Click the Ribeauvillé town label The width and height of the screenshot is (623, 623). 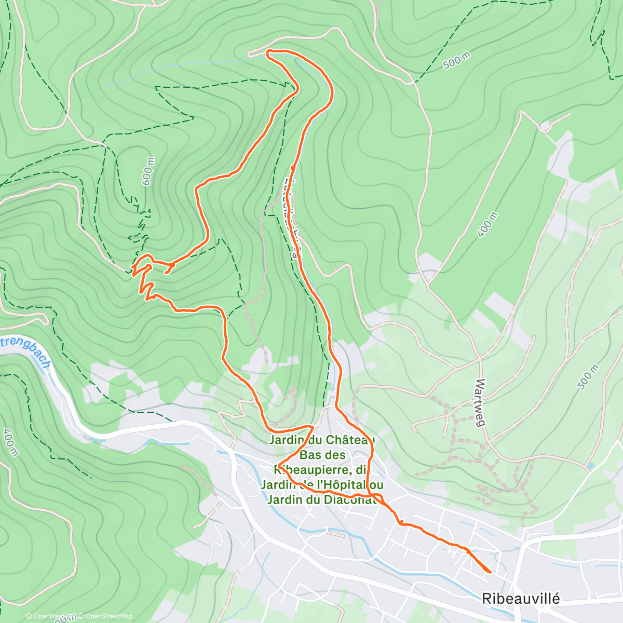[521, 599]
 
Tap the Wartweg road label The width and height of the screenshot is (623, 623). [480, 403]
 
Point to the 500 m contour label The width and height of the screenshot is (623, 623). [456, 61]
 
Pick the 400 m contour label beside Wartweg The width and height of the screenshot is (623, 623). [487, 225]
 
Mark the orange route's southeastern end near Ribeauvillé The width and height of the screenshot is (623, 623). [490, 572]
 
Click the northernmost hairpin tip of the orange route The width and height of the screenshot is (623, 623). [267, 51]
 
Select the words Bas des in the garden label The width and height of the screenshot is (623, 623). [322, 455]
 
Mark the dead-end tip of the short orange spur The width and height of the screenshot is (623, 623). [166, 272]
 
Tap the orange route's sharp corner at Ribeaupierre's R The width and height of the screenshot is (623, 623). [279, 465]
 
